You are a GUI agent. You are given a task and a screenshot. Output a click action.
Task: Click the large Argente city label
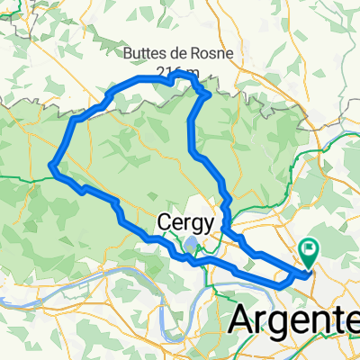292,319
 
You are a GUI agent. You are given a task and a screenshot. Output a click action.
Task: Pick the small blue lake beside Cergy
192,242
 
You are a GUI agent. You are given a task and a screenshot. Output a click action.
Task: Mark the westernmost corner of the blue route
51,165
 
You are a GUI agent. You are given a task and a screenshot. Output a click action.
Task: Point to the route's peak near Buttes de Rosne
190,79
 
